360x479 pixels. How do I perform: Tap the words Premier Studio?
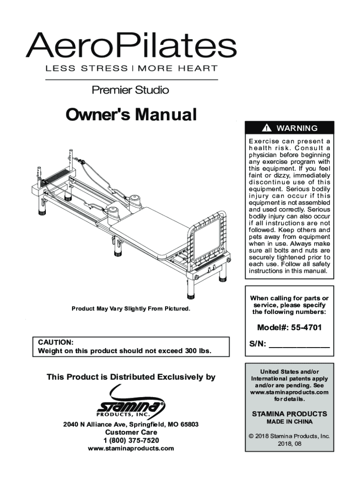[x=130, y=90]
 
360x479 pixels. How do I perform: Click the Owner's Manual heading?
[x=130, y=115]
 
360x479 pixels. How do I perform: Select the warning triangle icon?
[x=266, y=128]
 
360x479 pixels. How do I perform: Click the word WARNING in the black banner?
[x=297, y=128]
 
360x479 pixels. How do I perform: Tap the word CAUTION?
[x=55, y=342]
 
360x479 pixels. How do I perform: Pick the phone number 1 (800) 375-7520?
[x=131, y=441]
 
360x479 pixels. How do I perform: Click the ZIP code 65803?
[x=189, y=424]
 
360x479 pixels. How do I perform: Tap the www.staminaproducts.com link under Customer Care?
[x=131, y=449]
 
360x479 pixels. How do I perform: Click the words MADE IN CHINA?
[x=289, y=421]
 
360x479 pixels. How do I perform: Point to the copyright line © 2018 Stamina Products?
[x=289, y=436]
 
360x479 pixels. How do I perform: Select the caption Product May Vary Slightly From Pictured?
[x=130, y=309]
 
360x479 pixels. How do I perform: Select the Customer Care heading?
[x=131, y=432]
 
